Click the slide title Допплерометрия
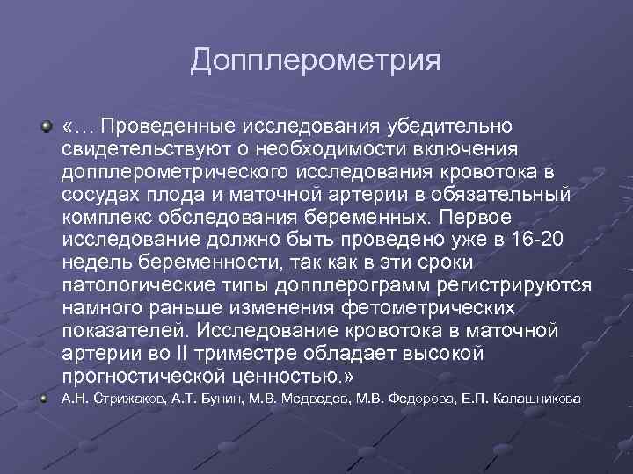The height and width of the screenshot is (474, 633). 315,61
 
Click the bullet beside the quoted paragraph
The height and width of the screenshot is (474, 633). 47,128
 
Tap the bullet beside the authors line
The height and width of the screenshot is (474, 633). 47,399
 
